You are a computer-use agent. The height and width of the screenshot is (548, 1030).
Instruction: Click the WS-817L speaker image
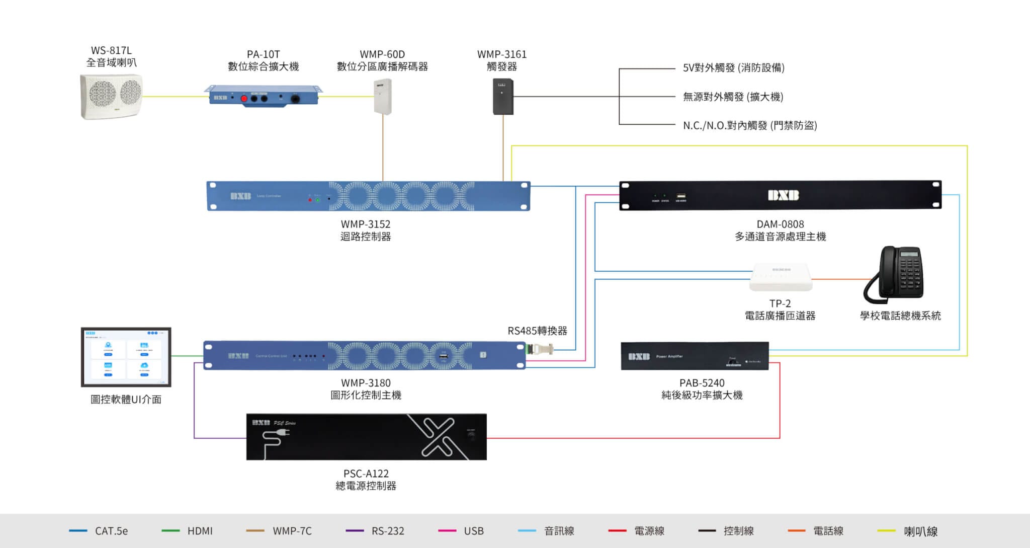[x=111, y=96]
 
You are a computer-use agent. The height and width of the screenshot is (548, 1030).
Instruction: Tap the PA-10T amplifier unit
[x=263, y=96]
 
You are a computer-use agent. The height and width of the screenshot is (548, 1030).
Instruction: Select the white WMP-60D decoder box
[x=382, y=96]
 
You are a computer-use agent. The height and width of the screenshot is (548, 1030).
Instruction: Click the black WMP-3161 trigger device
[x=502, y=97]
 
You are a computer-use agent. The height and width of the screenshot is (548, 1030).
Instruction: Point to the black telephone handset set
[x=894, y=275]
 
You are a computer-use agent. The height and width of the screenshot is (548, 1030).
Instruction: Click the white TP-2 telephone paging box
[x=780, y=277]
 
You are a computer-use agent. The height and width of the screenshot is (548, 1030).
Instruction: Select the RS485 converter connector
[x=539, y=349]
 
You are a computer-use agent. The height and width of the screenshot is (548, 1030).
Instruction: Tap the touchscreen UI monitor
[x=126, y=357]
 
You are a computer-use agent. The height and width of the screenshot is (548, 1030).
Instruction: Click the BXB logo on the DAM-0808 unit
[x=783, y=195]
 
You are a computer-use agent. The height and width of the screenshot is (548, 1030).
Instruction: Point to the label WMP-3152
[x=366, y=224]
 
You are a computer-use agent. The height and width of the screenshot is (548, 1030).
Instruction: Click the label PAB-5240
[x=702, y=383]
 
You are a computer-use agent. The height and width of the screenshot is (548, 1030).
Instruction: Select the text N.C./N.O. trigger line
[x=749, y=125]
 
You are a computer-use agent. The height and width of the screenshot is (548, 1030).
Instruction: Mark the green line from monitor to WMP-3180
[x=187, y=356]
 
